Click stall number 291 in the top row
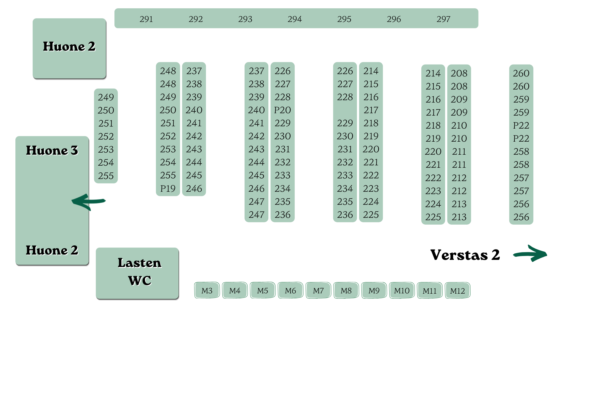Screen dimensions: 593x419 tap(146, 19)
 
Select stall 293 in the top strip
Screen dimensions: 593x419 tap(245, 19)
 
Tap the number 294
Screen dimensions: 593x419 tap(295, 19)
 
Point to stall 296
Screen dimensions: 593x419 tap(394, 19)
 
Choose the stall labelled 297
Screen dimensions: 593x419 tap(443, 19)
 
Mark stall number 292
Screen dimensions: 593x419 tap(196, 19)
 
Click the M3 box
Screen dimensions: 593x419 tap(207, 290)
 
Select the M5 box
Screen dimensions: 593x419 tap(263, 290)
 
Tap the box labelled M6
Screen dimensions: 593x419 tap(291, 290)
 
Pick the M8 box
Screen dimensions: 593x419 tap(346, 290)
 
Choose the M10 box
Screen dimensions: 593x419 tap(402, 290)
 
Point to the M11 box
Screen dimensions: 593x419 tap(430, 290)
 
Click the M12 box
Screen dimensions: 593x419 tap(457, 290)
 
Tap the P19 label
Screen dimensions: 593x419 tap(168, 188)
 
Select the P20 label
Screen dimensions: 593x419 tap(283, 110)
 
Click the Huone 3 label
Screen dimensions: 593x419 tap(52, 150)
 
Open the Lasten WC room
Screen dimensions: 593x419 tap(137, 273)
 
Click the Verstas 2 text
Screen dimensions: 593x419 tap(465, 255)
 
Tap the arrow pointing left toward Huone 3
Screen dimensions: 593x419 tap(88, 201)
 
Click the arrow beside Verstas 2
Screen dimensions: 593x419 tap(530, 254)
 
